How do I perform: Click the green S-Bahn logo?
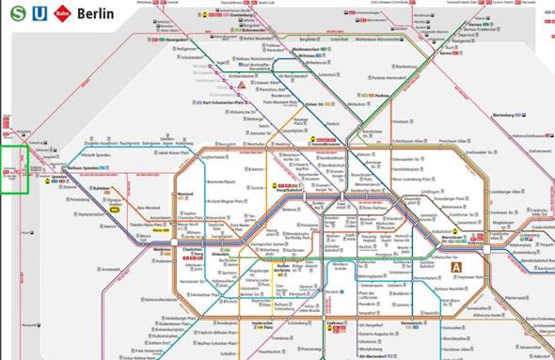coord(16,13)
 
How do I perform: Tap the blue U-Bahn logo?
coord(37,13)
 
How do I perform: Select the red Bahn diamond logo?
coord(60,13)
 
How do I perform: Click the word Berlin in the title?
coord(95,14)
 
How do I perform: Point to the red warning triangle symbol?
coord(242,85)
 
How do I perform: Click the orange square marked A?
coord(458,267)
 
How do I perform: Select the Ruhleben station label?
coord(103,187)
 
